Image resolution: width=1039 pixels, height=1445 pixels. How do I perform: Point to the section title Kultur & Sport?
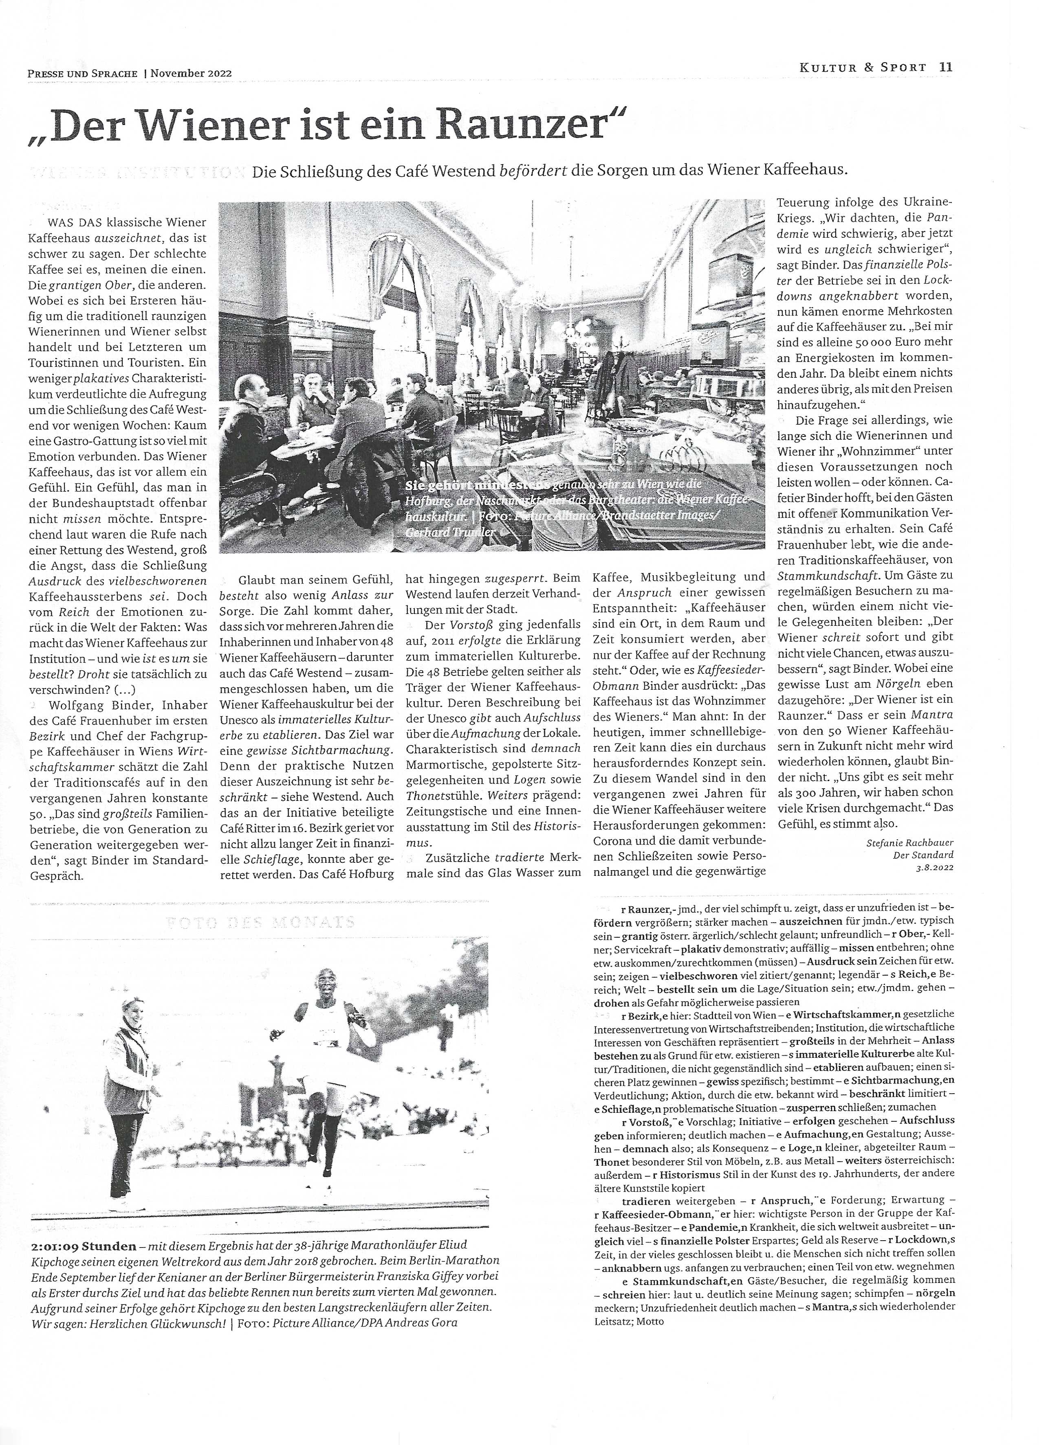(863, 67)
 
